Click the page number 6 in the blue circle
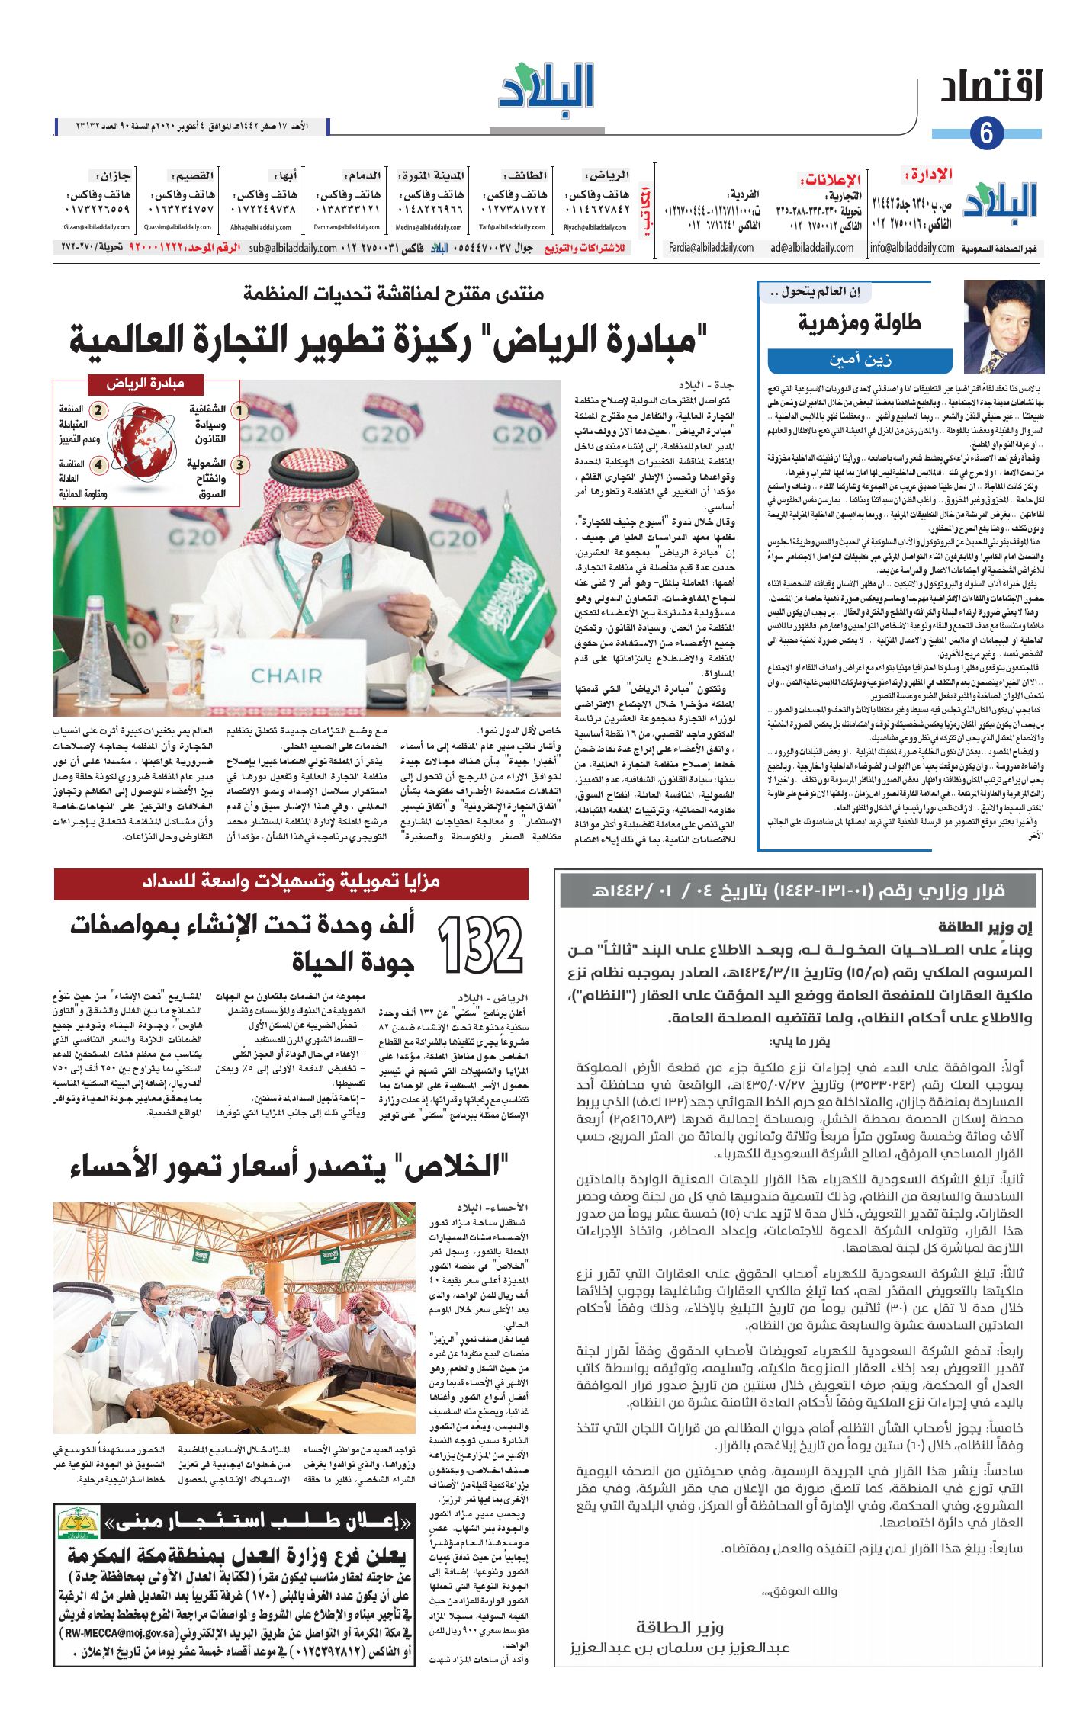tap(987, 133)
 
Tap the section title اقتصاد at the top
tap(991, 88)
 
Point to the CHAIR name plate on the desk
tap(287, 676)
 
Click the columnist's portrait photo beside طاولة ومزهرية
tap(1003, 326)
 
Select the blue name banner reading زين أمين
tap(860, 360)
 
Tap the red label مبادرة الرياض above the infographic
tap(146, 384)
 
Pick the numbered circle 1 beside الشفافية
tap(240, 411)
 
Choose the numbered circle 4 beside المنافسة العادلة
tap(98, 464)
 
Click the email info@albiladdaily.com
tap(912, 248)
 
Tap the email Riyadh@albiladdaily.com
tap(595, 227)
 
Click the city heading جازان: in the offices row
tap(113, 176)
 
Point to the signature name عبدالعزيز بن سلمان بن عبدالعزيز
tap(680, 1648)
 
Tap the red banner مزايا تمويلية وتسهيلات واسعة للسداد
tap(291, 882)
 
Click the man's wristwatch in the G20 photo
tap(429, 624)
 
